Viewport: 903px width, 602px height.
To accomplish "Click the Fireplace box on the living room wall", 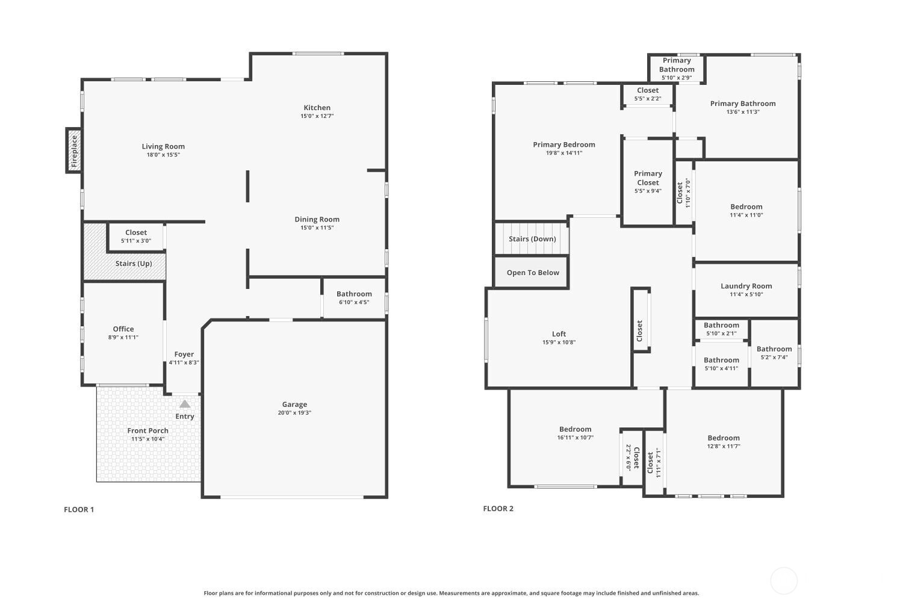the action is (x=74, y=151).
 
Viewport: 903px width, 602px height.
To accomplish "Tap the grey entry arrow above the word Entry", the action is (x=185, y=403).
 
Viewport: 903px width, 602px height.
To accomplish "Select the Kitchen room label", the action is (x=317, y=108).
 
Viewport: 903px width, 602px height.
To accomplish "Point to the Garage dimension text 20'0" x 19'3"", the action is (x=294, y=412).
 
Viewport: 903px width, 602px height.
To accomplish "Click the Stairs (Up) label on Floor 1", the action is (x=134, y=263).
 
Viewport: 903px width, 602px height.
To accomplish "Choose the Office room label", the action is (x=123, y=329).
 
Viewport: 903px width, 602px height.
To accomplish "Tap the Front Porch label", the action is (x=148, y=430).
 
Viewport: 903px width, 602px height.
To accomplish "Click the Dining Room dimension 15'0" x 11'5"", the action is (x=317, y=228).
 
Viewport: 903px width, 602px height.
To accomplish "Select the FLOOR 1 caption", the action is (x=79, y=509).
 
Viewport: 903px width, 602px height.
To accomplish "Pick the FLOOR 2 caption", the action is (x=498, y=509).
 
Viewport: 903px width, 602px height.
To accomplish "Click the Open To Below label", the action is (x=533, y=273).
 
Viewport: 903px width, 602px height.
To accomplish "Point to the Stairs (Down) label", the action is (x=533, y=239).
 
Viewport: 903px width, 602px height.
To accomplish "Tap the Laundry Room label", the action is (x=746, y=286).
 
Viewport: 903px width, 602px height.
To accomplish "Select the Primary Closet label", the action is (x=648, y=178).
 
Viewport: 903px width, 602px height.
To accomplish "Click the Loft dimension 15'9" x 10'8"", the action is (x=559, y=343).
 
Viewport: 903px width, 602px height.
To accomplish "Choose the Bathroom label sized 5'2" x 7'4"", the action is (x=774, y=349).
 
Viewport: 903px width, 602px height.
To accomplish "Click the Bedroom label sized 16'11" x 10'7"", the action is (x=576, y=429).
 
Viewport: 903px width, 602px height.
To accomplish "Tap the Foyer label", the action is (x=184, y=354).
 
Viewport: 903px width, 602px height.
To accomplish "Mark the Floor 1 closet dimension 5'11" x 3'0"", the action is (x=136, y=241).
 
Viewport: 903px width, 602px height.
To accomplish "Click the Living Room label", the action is (x=163, y=146).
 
